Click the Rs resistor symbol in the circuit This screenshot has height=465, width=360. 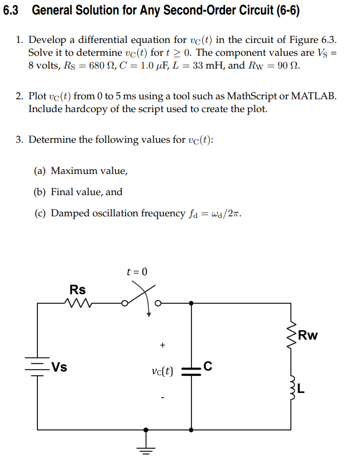tap(78, 304)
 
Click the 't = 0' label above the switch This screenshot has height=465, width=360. tap(137, 272)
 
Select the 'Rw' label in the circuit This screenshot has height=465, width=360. tap(308, 336)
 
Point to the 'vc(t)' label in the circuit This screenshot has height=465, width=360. tap(162, 371)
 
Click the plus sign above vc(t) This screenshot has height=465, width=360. tap(162, 345)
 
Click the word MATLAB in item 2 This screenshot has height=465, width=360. tap(315, 96)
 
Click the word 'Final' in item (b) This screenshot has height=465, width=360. tap(61, 192)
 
